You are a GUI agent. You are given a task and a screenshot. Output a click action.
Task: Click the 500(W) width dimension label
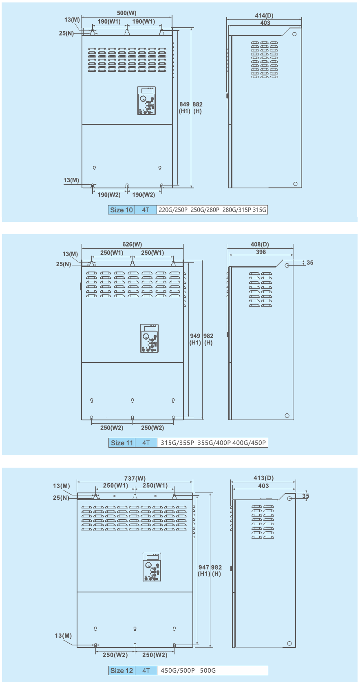127,13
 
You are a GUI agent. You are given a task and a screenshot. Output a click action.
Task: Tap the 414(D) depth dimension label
264,15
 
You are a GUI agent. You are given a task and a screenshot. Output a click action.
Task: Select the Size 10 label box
121,210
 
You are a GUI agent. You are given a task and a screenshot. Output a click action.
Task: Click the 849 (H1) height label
185,108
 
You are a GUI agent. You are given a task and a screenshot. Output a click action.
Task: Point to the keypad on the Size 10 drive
147,101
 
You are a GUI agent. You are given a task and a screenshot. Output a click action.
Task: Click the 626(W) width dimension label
132,245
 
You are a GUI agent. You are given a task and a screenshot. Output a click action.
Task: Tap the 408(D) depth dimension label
260,245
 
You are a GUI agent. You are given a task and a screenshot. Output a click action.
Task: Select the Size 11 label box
122,443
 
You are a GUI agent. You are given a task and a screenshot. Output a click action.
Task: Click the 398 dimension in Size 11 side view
261,252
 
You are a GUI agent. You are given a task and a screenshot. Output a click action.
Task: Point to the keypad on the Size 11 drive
149,338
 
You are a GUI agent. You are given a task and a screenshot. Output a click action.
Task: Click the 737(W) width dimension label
135,478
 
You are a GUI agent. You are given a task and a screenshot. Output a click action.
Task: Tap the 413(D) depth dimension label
264,478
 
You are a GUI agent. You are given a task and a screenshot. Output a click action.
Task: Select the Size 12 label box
122,670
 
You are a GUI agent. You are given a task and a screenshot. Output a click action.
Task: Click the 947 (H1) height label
204,570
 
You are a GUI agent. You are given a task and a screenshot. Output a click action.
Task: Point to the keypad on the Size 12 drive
152,568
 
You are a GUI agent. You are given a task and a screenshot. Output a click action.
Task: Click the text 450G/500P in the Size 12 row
178,670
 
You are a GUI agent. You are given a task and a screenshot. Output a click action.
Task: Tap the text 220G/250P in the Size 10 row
173,210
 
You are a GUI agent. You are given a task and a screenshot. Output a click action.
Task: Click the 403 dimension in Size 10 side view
265,23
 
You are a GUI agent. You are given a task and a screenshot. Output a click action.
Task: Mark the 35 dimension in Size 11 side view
310,263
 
